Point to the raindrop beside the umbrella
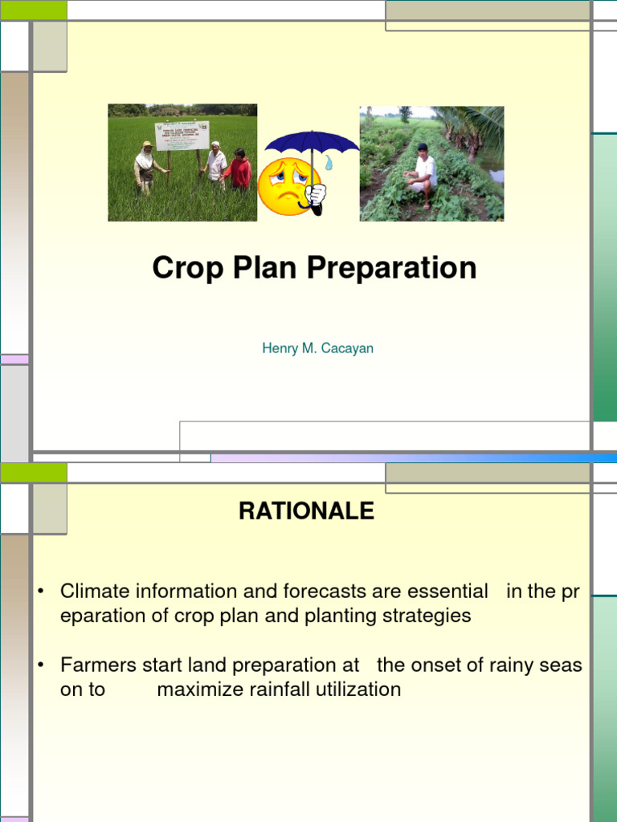(329, 162)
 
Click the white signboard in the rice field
(182, 135)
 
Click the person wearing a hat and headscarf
(145, 166)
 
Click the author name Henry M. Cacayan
(317, 349)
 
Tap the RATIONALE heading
(306, 511)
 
